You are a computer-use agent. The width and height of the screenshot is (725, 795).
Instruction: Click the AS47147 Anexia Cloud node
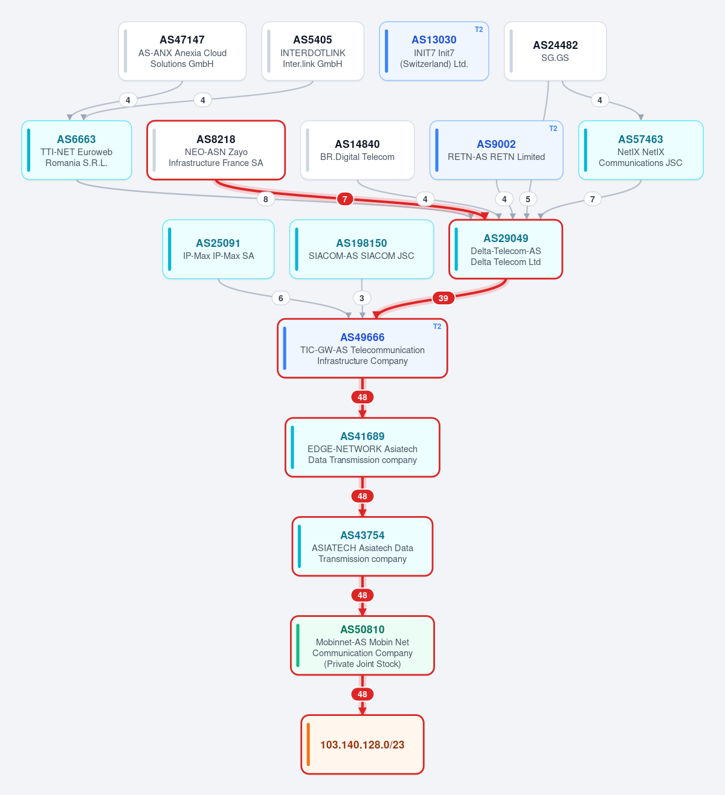coord(182,51)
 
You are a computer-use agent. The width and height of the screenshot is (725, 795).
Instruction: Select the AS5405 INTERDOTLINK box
coord(313,51)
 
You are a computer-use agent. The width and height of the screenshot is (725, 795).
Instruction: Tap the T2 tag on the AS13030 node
coord(478,30)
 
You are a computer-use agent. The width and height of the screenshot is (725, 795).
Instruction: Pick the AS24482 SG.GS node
coord(555,51)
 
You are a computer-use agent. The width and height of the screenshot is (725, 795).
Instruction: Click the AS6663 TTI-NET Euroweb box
coord(77,150)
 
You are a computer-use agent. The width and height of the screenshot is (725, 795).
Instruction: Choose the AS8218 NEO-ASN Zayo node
coord(216,150)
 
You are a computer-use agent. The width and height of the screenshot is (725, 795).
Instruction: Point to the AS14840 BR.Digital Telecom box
coord(357,150)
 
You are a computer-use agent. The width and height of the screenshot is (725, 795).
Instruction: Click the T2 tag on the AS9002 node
coord(553,129)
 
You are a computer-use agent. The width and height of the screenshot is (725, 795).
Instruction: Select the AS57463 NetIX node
coord(641,150)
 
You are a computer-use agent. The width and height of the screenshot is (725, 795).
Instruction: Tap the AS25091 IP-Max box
coord(218,249)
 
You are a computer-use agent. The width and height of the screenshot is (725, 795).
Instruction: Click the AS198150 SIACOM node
coord(361,249)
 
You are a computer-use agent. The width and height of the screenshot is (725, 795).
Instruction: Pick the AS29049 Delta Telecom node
coord(506,249)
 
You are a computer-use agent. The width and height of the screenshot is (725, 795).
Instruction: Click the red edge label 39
coord(443,298)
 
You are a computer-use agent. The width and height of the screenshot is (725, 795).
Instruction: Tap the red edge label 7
coord(345,199)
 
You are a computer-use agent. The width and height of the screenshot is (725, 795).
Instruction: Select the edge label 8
coord(265,199)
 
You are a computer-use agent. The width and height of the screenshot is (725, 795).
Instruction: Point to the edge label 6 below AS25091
coord(280,298)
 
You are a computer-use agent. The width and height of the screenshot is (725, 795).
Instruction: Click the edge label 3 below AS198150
coord(361,298)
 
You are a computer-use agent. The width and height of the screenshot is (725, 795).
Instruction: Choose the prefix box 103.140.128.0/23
coord(362,745)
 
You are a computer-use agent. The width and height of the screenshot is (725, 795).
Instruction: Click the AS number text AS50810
coord(362,630)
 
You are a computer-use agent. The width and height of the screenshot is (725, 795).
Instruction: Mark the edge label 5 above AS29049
coord(528,199)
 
